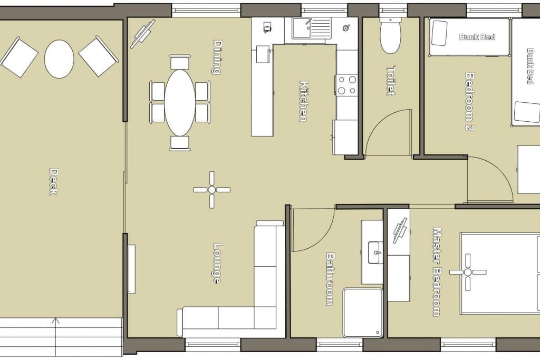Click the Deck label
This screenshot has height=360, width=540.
coord(53,181)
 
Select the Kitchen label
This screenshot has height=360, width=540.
coord(304,101)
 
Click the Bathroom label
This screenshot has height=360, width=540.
coord(330,279)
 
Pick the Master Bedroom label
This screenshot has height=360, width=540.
coord(437,272)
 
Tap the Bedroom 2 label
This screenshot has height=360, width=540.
coord(470,101)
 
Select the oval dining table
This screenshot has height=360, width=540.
coord(180,103)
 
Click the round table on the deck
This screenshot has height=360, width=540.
coord(59,59)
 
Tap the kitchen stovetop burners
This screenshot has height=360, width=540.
coord(347,85)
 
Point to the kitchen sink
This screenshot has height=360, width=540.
coord(312,28)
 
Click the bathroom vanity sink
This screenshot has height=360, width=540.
coord(375,252)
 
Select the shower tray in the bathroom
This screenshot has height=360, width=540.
coord(363,313)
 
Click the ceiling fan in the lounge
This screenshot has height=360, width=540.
coord(212,190)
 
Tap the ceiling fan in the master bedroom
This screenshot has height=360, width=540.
coord(468,272)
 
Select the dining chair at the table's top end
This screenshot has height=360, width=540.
coord(180,62)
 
